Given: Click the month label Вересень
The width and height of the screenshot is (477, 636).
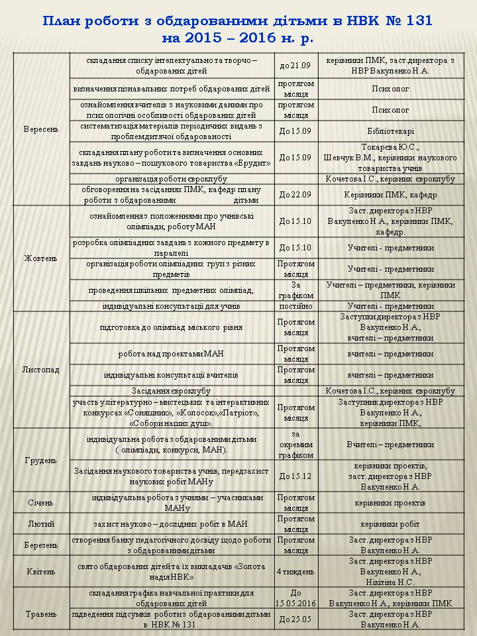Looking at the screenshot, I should click(40, 129).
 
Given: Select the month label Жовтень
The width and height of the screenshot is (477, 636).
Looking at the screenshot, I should click(40, 258).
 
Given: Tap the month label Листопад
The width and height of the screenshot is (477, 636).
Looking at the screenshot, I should click(40, 370).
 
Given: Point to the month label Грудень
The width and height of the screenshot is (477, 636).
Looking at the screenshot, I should click(40, 460).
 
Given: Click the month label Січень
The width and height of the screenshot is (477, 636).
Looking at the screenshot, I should click(40, 503).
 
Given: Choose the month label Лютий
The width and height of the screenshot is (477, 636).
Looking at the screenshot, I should click(40, 523).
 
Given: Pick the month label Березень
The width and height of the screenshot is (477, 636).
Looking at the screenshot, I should click(40, 545).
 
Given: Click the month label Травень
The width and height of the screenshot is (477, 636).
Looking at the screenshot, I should click(40, 614).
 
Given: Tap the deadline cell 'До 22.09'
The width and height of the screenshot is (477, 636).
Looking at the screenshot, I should click(295, 195).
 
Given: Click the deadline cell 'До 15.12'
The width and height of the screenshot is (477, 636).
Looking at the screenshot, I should click(295, 476).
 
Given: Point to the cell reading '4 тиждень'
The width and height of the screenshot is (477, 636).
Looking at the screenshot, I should click(295, 571).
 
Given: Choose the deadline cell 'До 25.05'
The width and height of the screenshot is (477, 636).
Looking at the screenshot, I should click(295, 619).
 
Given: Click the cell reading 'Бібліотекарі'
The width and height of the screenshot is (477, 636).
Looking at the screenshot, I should click(390, 131).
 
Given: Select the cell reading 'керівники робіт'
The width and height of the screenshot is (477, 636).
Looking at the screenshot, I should click(390, 523).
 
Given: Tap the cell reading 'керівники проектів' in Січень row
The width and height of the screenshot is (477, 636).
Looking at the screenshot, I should click(390, 503).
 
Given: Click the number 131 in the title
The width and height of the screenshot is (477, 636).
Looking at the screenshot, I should click(417, 21).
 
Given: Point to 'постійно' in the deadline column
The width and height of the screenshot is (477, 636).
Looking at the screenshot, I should click(295, 306).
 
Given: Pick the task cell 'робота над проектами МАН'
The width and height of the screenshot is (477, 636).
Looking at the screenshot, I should click(171, 354).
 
